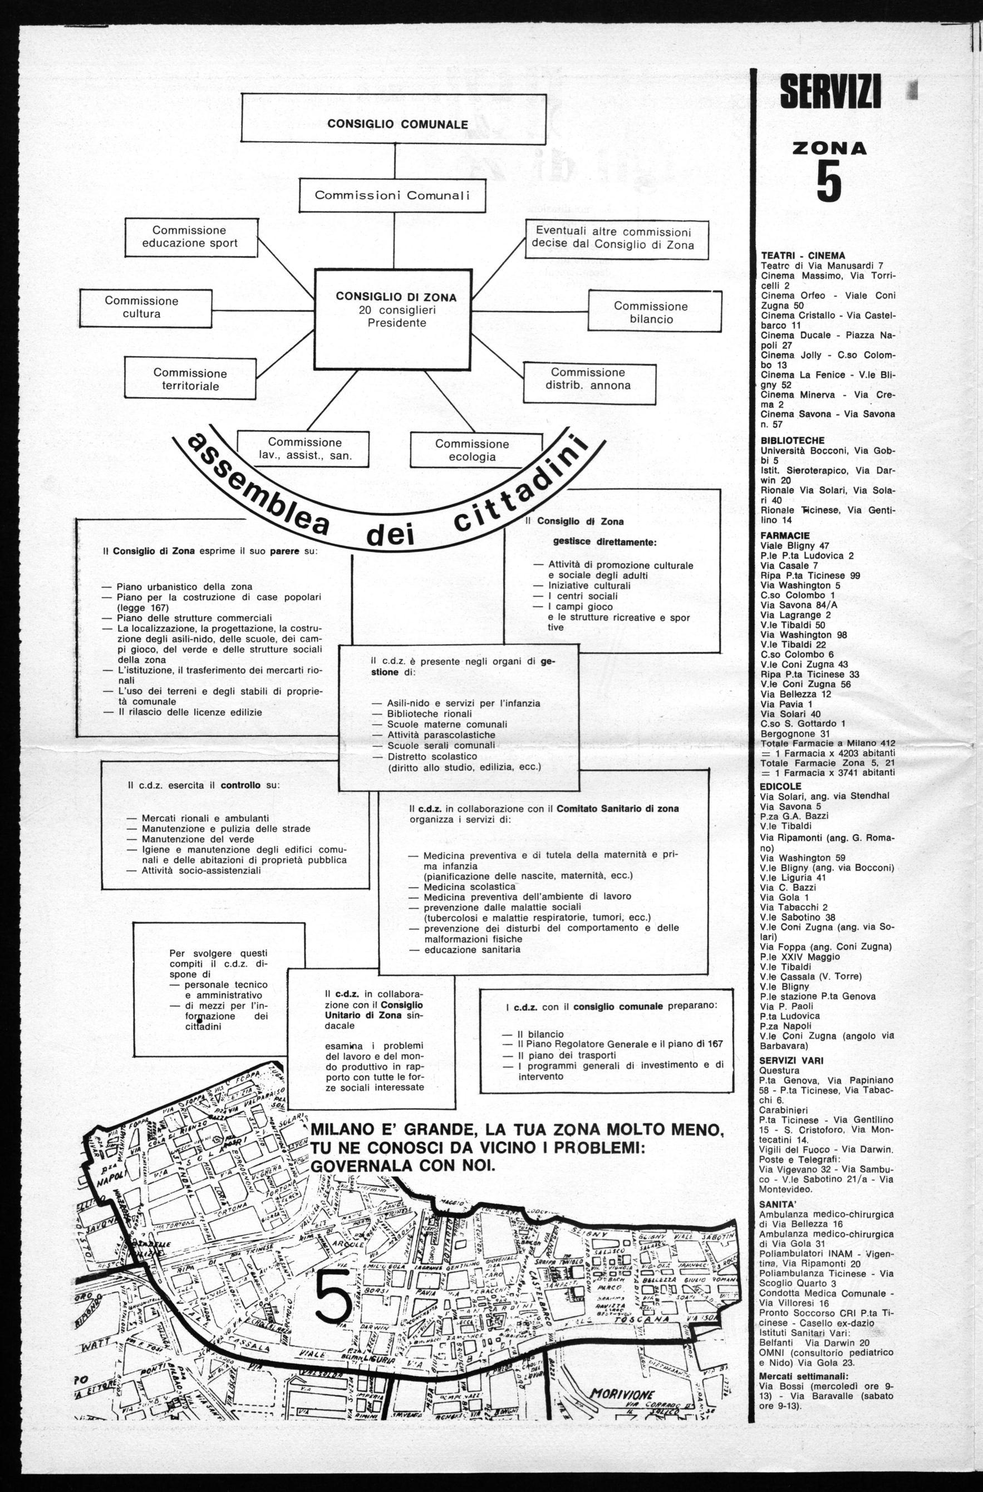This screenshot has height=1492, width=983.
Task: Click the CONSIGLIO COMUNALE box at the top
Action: [x=397, y=124]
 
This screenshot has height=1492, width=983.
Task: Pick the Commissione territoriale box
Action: [x=190, y=380]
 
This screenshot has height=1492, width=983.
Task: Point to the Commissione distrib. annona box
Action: [x=588, y=378]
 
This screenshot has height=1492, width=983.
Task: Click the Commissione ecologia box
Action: [x=472, y=450]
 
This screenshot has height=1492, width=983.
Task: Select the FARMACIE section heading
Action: [x=785, y=535]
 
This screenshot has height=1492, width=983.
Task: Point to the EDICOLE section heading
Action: [x=780, y=785]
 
